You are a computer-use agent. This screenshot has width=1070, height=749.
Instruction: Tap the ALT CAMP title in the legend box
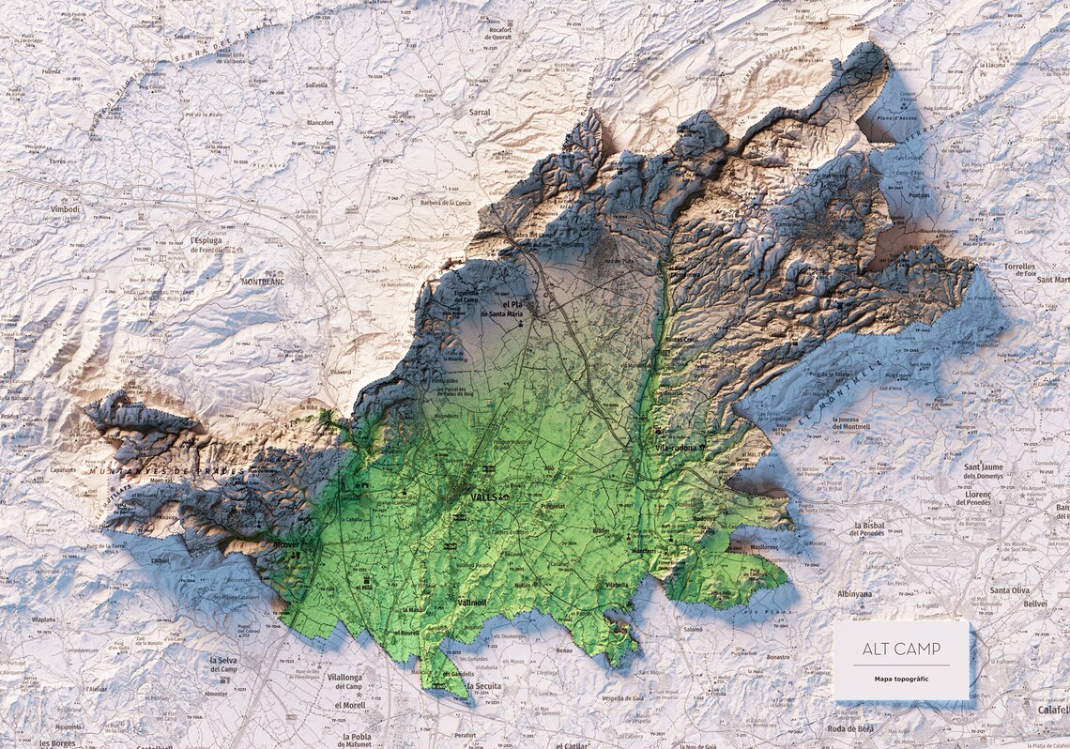click(x=901, y=649)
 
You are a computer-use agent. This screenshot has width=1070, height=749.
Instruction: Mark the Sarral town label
click(x=479, y=111)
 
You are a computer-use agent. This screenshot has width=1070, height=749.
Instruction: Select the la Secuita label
click(x=482, y=686)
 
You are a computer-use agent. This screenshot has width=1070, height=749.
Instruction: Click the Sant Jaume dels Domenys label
click(x=984, y=471)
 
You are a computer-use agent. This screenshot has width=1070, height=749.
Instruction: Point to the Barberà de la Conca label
click(x=447, y=202)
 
